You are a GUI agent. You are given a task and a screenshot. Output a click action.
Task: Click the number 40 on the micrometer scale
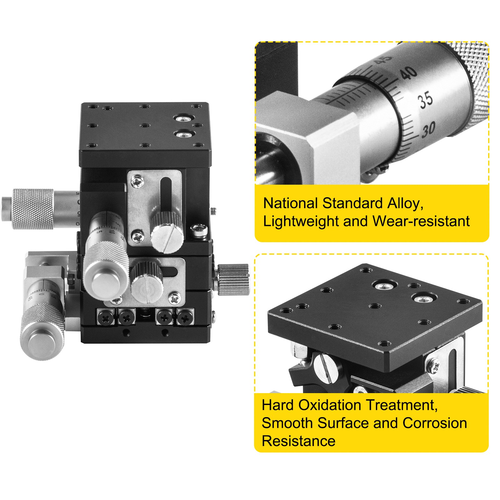409,73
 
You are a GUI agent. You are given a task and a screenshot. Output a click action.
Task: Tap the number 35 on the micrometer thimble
426,100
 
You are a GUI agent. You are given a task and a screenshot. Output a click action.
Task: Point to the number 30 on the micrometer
428,129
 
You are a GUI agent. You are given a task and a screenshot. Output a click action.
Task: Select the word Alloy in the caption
405,204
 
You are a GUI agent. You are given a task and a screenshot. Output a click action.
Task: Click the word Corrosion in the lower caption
435,423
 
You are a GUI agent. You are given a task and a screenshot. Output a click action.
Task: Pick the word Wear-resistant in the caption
421,221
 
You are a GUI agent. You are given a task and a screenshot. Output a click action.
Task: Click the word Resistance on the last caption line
298,441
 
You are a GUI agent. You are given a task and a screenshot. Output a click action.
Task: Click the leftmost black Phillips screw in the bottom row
107,318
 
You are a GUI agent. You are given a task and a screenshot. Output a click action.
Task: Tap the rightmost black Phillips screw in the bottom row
185,318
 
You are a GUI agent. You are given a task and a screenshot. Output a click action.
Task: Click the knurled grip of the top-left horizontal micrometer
33,209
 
